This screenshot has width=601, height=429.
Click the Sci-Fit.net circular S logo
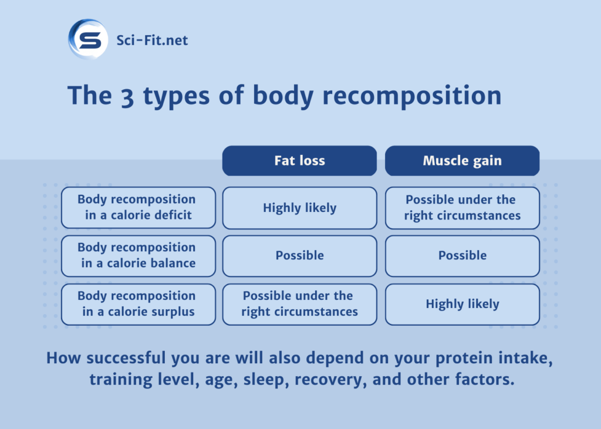[x=88, y=40]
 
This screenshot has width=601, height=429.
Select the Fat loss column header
[x=299, y=161]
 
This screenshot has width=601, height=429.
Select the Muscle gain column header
[x=462, y=161]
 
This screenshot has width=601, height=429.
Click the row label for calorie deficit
[x=138, y=208]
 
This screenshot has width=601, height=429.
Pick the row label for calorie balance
[x=138, y=256]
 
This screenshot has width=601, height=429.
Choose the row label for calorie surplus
[x=138, y=304]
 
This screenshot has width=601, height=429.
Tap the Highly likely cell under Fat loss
[x=299, y=208]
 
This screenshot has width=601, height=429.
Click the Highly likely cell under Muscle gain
[x=462, y=304]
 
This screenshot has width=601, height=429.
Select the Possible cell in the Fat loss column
[x=299, y=256]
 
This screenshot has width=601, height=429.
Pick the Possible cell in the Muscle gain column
[x=462, y=256]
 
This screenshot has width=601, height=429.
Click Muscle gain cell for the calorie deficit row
[x=462, y=208]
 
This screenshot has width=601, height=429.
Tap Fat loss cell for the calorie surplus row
[x=299, y=304]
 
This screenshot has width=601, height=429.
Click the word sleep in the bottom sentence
[x=264, y=380]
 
